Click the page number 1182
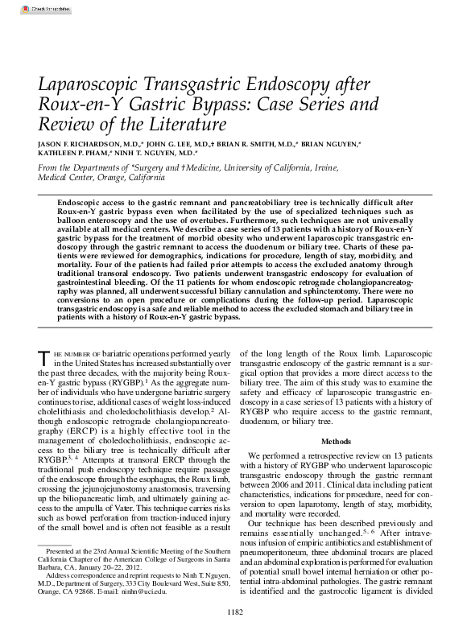235,613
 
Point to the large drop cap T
44,360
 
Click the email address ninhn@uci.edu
149,591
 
